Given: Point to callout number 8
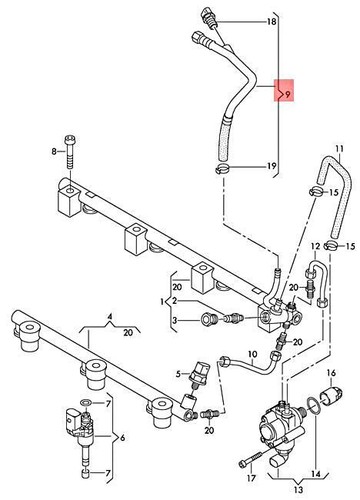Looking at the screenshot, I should pyautogui.click(x=56, y=151).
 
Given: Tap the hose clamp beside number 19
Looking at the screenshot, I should pyautogui.click(x=219, y=168).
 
